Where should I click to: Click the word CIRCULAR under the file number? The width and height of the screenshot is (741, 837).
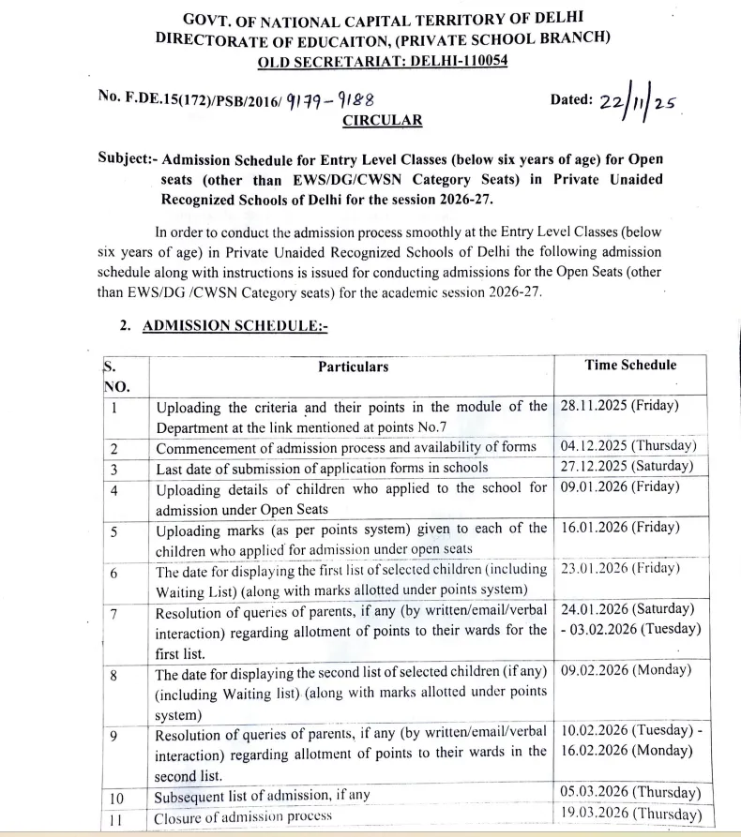382,120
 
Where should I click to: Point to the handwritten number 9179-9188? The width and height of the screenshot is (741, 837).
334,98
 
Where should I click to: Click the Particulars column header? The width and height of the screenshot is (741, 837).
353,366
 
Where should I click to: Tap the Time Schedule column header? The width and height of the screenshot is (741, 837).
630,365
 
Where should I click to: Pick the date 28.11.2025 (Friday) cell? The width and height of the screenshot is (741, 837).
619,406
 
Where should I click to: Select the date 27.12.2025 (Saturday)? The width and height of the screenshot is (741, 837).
627,466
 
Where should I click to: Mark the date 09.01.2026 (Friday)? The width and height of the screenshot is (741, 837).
619,486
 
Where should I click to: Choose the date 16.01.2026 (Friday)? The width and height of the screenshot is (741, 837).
619,527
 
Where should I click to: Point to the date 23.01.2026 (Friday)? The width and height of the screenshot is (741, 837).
619,567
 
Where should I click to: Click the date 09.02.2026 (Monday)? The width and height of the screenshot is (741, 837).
626,669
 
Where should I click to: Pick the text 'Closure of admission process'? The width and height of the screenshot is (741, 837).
244,815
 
